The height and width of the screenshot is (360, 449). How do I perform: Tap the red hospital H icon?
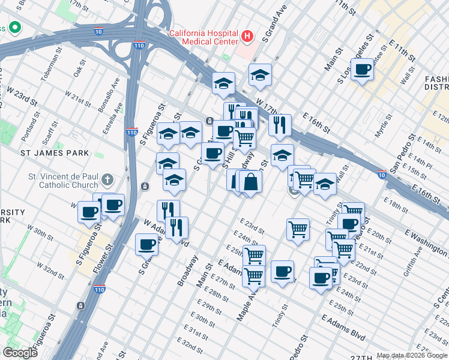click(247, 37)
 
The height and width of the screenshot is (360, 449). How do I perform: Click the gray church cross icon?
click(107, 179)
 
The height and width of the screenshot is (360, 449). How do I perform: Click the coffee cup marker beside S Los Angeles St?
click(362, 70)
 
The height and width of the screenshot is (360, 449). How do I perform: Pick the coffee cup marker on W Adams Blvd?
click(147, 244)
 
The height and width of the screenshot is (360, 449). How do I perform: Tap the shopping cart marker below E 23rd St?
click(298, 229)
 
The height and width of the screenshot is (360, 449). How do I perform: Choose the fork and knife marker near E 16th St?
click(280, 125)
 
